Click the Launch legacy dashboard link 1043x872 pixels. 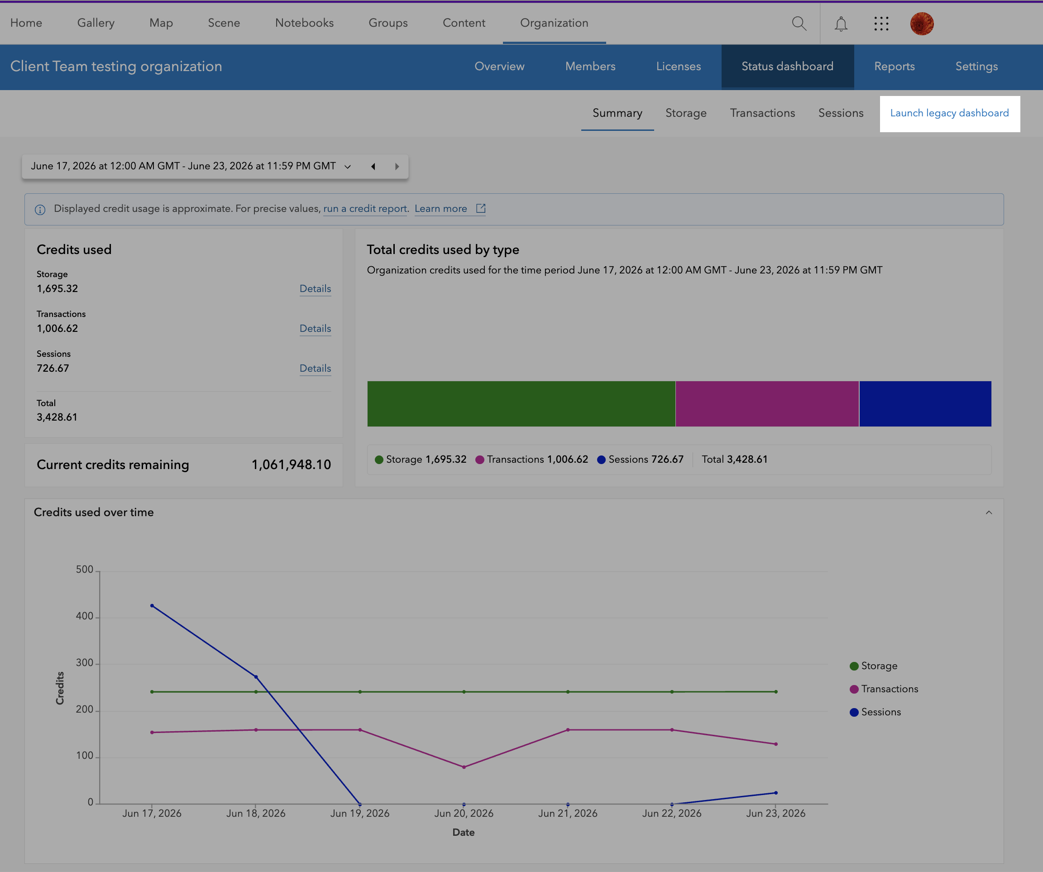(x=949, y=113)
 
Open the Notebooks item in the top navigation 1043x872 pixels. (x=305, y=23)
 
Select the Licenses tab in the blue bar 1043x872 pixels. (x=679, y=67)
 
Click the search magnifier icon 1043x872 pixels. (x=799, y=24)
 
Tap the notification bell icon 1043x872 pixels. (x=841, y=24)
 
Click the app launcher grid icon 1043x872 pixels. (x=881, y=24)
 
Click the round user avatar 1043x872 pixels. (x=922, y=24)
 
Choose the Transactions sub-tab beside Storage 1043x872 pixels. (x=762, y=113)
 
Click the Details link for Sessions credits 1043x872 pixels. (x=316, y=368)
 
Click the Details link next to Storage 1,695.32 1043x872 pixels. (x=316, y=289)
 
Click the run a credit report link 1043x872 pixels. (x=365, y=209)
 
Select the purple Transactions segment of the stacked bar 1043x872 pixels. (x=767, y=403)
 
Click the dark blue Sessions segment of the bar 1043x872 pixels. (x=925, y=403)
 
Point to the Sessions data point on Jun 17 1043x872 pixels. (x=152, y=606)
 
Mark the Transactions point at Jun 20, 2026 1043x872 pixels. (x=464, y=767)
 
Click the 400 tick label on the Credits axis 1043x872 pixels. (x=85, y=616)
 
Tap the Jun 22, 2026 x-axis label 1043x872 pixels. (x=671, y=814)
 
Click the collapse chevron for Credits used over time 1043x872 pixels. (x=989, y=512)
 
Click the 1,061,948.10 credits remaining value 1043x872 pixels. (x=291, y=465)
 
